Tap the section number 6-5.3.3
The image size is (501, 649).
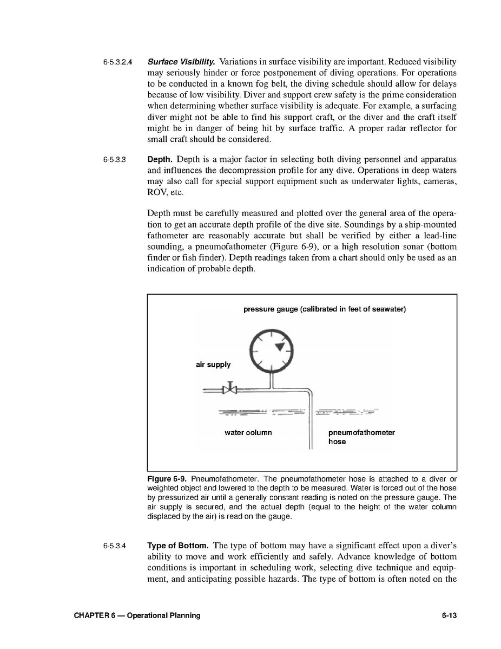click(x=115, y=160)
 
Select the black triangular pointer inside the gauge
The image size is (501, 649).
click(x=280, y=347)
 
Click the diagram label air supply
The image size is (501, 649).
click(x=213, y=365)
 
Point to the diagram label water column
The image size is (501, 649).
click(x=248, y=433)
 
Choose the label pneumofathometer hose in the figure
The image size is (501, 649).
click(x=361, y=437)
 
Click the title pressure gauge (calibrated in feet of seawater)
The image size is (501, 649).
click(x=325, y=309)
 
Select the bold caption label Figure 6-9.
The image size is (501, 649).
click(x=167, y=479)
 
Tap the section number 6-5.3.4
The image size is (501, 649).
click(x=115, y=546)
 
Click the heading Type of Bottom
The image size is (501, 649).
click(x=179, y=546)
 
